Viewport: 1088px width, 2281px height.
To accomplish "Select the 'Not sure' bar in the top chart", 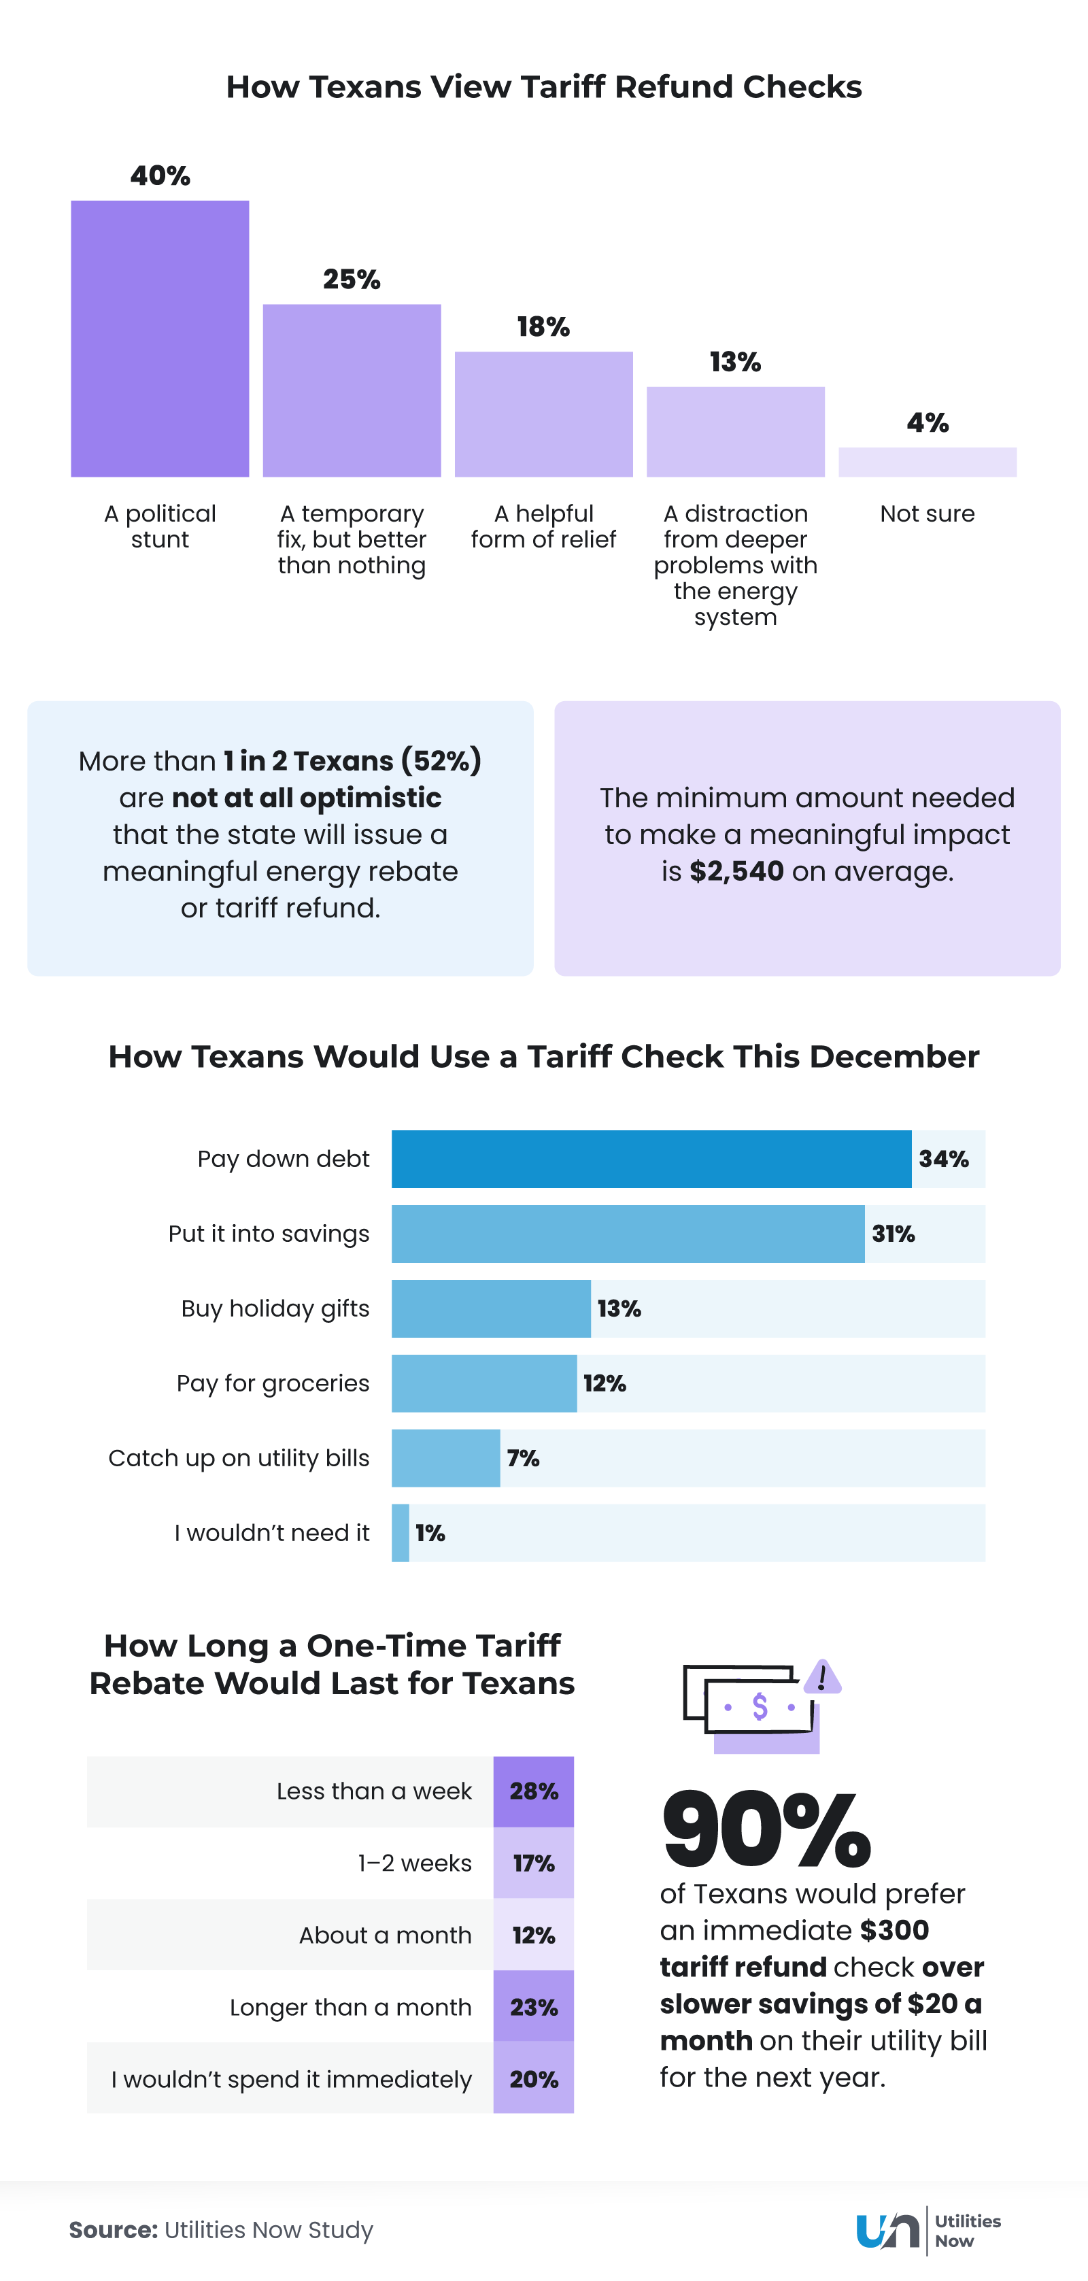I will (x=927, y=461).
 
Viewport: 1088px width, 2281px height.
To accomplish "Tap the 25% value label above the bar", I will (x=352, y=280).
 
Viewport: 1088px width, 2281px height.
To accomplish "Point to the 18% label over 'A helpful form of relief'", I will (x=543, y=326).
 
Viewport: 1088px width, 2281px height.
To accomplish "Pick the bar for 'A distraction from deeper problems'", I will (x=735, y=431).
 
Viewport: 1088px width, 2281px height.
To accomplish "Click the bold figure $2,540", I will (x=736, y=871).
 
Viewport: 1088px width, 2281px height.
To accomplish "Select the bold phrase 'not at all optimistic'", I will (x=306, y=798).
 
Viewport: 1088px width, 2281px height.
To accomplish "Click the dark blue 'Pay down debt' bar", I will (x=651, y=1158).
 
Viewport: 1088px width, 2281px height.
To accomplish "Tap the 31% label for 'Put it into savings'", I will (x=894, y=1234).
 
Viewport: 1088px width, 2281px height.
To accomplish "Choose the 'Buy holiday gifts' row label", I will (x=275, y=1308).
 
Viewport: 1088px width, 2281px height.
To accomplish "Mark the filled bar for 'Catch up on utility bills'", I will (x=445, y=1457).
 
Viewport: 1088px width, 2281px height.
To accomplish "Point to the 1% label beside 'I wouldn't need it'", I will (x=430, y=1533).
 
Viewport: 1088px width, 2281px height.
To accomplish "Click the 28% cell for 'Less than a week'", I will (x=533, y=1791).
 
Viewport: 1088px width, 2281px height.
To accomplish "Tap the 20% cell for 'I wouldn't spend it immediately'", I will (x=533, y=2079).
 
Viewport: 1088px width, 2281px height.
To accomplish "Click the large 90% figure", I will (x=766, y=1827).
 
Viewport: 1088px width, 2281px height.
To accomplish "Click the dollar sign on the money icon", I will (x=760, y=1706).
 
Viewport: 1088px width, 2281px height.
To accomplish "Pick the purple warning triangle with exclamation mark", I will (x=822, y=1677).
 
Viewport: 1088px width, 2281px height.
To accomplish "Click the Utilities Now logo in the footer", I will (x=928, y=2229).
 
